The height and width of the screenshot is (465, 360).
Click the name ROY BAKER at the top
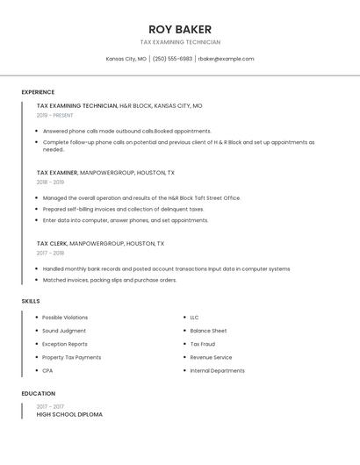tap(180, 29)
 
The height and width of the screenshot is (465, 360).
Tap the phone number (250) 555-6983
tap(172, 59)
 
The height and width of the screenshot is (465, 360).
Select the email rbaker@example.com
tap(226, 59)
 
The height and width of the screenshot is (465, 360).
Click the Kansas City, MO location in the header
tap(126, 59)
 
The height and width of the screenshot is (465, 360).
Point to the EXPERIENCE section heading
tap(38, 92)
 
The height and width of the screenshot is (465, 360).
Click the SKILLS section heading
tap(31, 301)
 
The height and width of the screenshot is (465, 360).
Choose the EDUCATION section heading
tap(39, 394)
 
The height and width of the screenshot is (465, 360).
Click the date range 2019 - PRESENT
tap(55, 115)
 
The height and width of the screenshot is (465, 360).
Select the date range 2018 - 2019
tap(51, 182)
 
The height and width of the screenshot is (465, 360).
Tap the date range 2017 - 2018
tap(51, 253)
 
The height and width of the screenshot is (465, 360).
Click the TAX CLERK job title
tap(52, 243)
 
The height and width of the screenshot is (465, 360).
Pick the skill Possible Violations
tap(65, 318)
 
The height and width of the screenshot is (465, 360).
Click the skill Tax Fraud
tap(203, 344)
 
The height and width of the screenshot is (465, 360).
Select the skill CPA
tap(47, 370)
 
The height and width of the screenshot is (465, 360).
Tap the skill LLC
tap(194, 318)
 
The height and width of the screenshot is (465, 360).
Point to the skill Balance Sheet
tap(208, 331)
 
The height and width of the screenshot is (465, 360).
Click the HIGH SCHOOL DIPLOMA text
tap(69, 414)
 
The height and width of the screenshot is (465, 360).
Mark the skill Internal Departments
tap(217, 370)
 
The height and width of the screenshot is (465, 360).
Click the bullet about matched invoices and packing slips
tap(110, 280)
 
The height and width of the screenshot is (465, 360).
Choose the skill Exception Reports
tap(65, 344)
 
